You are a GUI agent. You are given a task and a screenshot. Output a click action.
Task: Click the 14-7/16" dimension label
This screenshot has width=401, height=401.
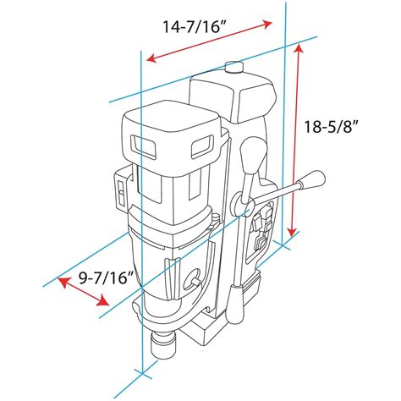point(195,27)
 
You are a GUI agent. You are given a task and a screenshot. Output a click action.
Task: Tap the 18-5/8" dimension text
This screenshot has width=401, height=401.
point(332,127)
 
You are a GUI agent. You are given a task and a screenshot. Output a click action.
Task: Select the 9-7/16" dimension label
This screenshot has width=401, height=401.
point(106,278)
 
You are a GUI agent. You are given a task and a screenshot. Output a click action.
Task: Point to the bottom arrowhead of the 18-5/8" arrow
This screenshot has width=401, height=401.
point(293,232)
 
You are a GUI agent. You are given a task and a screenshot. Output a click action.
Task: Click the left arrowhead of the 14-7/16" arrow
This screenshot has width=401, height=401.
point(152,58)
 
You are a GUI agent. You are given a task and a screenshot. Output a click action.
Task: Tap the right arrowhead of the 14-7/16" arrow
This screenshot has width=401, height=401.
point(266,24)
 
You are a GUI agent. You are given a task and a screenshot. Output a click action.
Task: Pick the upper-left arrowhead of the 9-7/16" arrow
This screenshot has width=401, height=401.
point(63,283)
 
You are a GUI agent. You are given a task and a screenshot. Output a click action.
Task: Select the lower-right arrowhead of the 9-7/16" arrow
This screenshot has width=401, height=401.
point(103,301)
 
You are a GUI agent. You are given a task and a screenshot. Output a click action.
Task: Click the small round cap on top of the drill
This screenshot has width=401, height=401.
point(234,67)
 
